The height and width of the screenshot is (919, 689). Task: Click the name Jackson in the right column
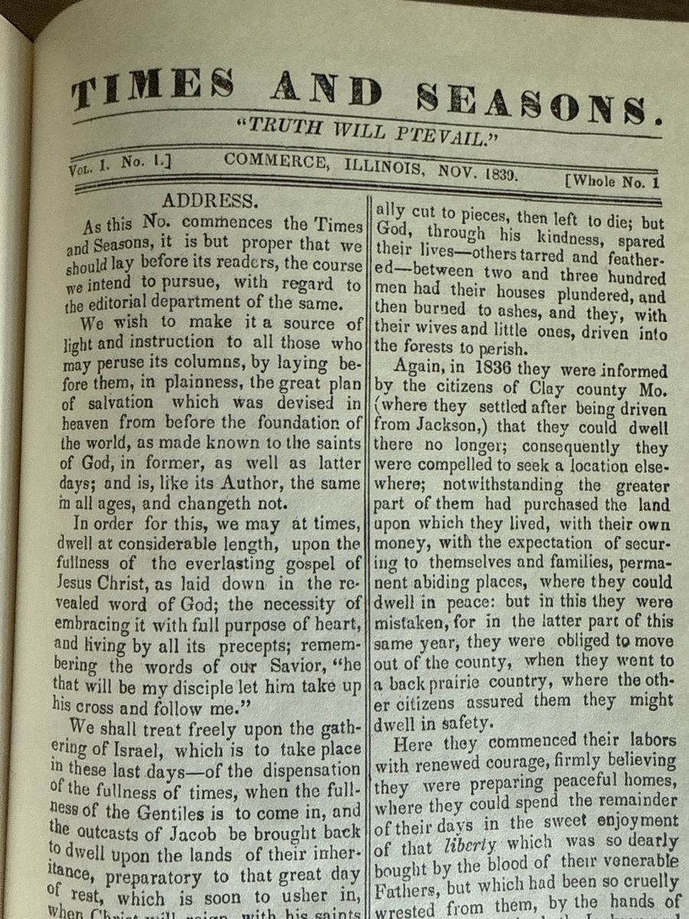point(436,428)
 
